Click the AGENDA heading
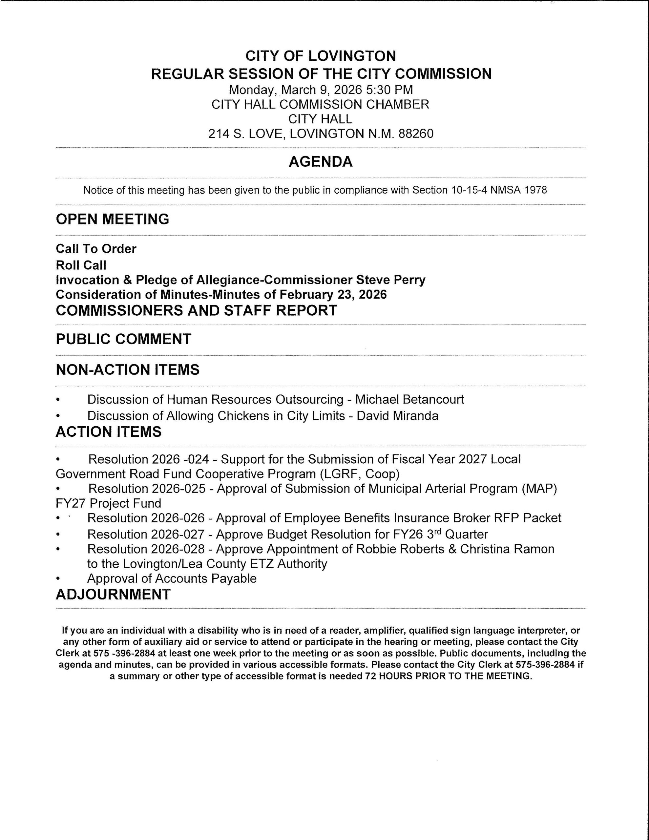[x=321, y=162]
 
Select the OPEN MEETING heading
[x=112, y=219]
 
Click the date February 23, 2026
[x=333, y=295]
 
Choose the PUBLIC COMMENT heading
[x=123, y=339]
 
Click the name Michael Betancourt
[x=409, y=399]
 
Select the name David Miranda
[x=397, y=416]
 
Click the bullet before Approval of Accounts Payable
[x=58, y=579]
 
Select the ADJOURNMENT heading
[x=113, y=595]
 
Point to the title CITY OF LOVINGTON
[x=321, y=56]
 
